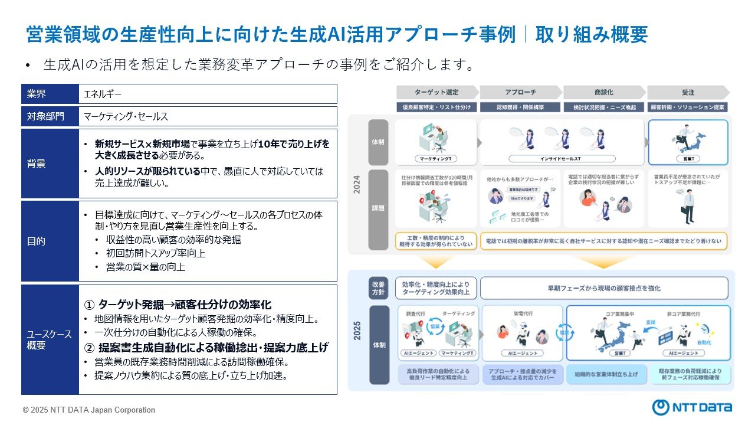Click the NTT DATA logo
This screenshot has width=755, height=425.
[692, 407]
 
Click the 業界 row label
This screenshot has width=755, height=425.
[50, 94]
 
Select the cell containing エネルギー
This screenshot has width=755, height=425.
[208, 94]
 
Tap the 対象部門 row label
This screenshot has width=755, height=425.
[50, 116]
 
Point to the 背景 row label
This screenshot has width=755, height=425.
[50, 164]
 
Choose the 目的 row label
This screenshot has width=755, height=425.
[50, 241]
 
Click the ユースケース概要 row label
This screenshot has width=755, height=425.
[50, 339]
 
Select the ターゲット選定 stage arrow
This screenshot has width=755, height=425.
[437, 93]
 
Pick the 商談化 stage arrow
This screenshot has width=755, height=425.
[603, 93]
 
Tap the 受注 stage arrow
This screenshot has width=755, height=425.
[688, 93]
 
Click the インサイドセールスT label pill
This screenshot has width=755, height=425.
[562, 159]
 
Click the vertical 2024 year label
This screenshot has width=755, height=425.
[356, 184]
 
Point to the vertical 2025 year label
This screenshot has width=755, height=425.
[356, 331]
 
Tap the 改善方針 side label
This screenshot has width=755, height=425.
[379, 287]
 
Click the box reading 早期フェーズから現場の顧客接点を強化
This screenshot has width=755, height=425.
[604, 288]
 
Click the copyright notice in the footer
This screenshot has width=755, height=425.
[89, 410]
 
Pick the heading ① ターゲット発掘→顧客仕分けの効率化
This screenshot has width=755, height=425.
[178, 305]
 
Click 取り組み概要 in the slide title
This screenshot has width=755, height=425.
[592, 35]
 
